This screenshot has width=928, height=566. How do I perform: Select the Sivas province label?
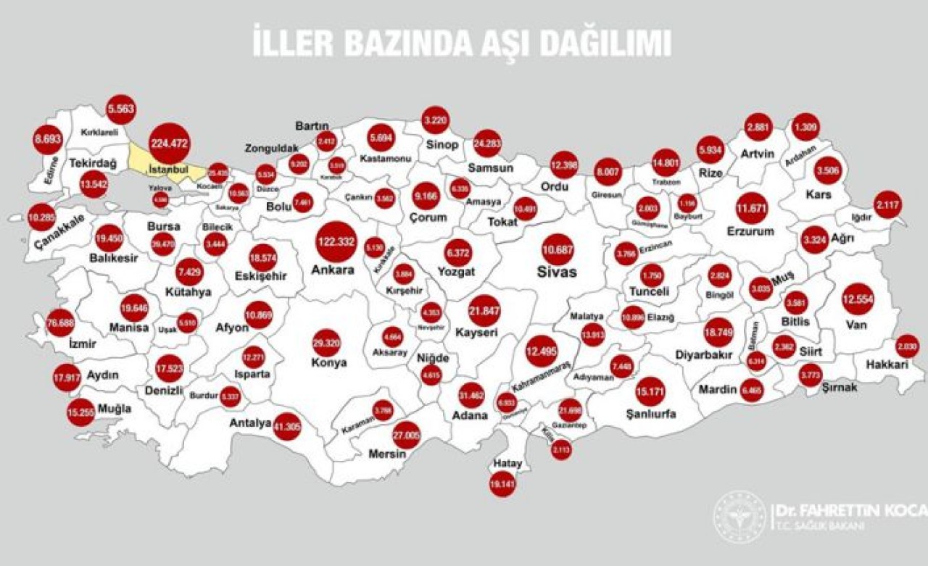(x=558, y=272)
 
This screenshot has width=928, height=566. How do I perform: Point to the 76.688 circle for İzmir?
(x=61, y=322)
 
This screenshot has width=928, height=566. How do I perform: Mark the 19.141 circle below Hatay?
(x=502, y=483)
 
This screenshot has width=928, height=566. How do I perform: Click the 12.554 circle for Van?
(x=858, y=299)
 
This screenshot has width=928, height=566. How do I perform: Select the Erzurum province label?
(x=750, y=232)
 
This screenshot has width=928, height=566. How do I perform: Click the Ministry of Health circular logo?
(x=739, y=517)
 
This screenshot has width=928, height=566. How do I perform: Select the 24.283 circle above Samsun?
(x=486, y=143)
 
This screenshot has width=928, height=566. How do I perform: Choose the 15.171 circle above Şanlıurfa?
(x=650, y=391)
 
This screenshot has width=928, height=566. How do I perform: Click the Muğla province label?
(x=115, y=409)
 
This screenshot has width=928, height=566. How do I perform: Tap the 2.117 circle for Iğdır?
(x=887, y=205)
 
